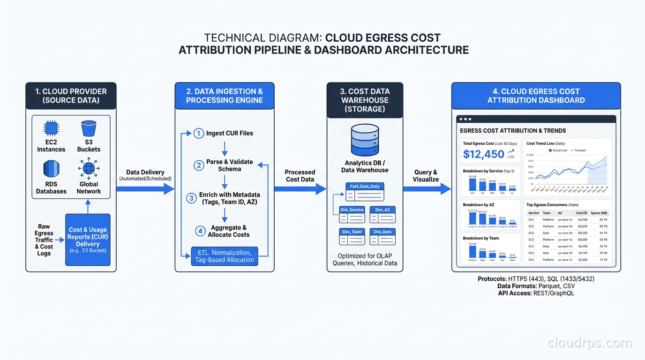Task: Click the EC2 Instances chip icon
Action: pos(51,128)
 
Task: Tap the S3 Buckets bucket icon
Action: pos(89,128)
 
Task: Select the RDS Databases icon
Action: pos(51,168)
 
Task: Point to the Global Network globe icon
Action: pos(89,168)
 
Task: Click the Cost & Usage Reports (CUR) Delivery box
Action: pos(88,240)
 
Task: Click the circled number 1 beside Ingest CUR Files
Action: pos(199,133)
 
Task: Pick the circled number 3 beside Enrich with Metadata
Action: pos(191,198)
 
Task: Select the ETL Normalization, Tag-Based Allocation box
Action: pos(225,256)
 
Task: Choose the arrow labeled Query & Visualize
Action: pos(426,189)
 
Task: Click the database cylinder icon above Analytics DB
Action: pos(365,140)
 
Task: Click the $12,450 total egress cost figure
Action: pos(483,154)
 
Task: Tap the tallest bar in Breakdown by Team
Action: pos(472,252)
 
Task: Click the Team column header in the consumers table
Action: pos(547,213)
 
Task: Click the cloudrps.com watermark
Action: pos(590,343)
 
